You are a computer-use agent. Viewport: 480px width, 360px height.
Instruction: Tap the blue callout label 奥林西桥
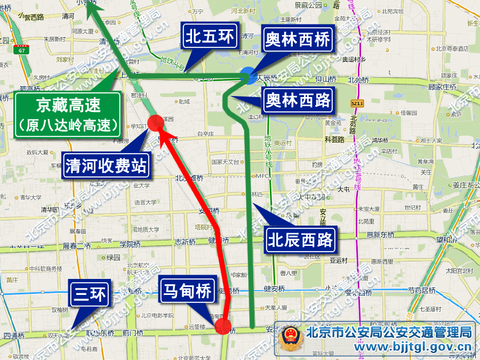click(298, 40)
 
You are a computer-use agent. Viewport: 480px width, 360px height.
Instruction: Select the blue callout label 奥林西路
click(298, 100)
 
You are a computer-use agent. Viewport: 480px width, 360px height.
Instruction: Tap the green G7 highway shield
click(21, 51)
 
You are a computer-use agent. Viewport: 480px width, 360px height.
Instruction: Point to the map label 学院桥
click(130, 244)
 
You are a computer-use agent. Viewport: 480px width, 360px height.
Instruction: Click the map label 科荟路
click(334, 139)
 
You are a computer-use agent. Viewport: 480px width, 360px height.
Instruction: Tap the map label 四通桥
click(14, 336)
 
